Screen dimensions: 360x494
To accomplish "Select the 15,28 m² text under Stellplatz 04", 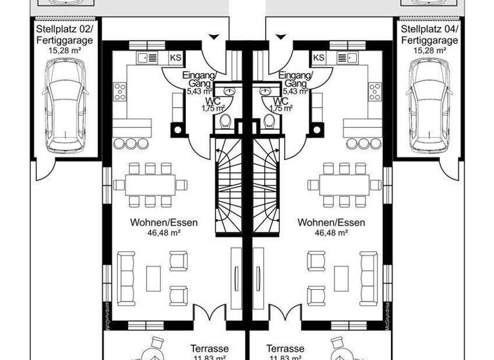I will click(x=430, y=50).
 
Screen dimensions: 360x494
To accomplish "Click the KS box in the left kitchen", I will click(x=175, y=58).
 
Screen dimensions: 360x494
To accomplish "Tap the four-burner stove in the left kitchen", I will click(x=120, y=92).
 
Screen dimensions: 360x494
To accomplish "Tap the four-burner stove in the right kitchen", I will click(x=374, y=92).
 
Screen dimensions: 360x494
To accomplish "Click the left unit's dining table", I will click(x=150, y=185).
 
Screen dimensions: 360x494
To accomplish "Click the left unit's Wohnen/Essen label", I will click(x=164, y=222).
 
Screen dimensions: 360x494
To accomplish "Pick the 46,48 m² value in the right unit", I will click(x=331, y=233).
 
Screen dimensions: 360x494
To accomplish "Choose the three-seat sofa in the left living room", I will click(x=126, y=278).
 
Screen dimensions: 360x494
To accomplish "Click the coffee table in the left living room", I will click(x=153, y=278).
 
